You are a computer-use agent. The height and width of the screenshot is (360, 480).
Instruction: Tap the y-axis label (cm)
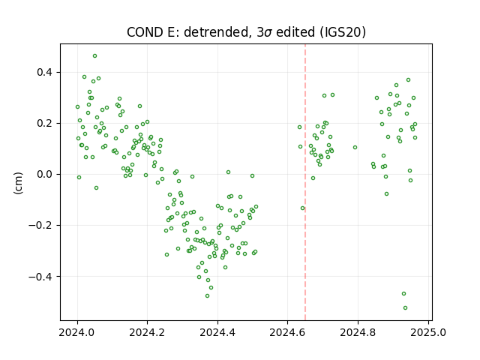click(x=18, y=183)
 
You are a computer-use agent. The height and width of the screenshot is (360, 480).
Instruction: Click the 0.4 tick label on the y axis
click(x=45, y=73)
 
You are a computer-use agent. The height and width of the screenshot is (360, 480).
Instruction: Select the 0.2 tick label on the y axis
click(x=45, y=123)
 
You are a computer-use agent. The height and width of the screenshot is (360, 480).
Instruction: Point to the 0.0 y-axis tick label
click(x=45, y=175)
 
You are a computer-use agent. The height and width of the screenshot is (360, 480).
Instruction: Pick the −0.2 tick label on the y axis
click(x=40, y=226)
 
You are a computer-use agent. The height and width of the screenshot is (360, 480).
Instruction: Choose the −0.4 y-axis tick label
click(x=40, y=277)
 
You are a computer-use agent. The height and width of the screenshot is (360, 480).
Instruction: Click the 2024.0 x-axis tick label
click(x=76, y=332)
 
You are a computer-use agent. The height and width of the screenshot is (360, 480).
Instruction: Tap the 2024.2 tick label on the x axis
click(x=147, y=332)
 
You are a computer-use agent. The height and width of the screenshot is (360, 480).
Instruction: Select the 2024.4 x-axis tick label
click(x=217, y=332)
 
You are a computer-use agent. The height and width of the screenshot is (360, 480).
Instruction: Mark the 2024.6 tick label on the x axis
click(x=287, y=332)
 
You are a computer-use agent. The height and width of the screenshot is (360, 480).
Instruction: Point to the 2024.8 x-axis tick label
click(x=358, y=332)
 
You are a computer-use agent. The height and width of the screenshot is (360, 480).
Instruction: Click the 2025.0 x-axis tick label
click(x=428, y=332)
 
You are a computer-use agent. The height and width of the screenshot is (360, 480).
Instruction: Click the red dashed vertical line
click(x=305, y=182)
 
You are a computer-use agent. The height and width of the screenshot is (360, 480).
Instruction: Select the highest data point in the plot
click(x=95, y=56)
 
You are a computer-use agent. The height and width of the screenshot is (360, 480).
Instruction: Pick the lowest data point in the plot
click(x=405, y=308)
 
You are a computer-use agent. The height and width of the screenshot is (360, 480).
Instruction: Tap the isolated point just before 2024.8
click(x=355, y=148)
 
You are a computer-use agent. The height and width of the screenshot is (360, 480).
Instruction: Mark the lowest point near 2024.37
click(x=207, y=296)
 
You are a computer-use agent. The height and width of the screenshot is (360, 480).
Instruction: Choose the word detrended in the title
click(x=217, y=31)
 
